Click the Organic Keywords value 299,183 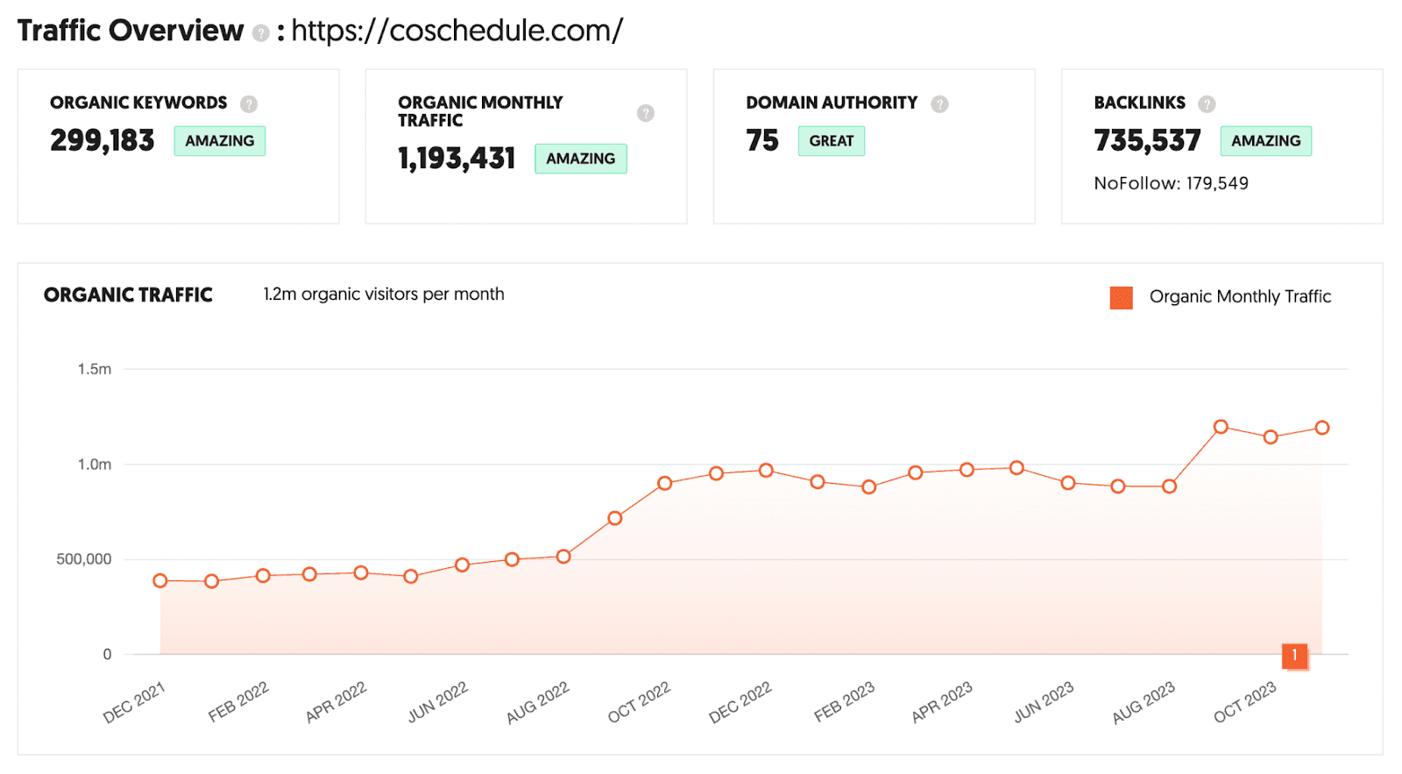pyautogui.click(x=102, y=140)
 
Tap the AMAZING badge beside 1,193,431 pyautogui.click(x=580, y=159)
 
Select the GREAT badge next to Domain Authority pyautogui.click(x=831, y=141)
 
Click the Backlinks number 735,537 pyautogui.click(x=1147, y=140)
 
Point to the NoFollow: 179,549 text pyautogui.click(x=1171, y=183)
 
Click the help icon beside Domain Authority pyautogui.click(x=939, y=104)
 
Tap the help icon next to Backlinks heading pyautogui.click(x=1207, y=104)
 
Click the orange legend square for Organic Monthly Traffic pyautogui.click(x=1121, y=298)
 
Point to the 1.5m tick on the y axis pyautogui.click(x=95, y=369)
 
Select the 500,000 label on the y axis pyautogui.click(x=84, y=559)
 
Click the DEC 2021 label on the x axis pyautogui.click(x=134, y=703)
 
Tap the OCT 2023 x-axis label pyautogui.click(x=1244, y=703)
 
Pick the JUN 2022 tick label pyautogui.click(x=437, y=703)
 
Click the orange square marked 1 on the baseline pyautogui.click(x=1294, y=656)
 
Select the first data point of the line pyautogui.click(x=160, y=581)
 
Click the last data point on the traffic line pyautogui.click(x=1322, y=428)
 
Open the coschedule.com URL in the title pyautogui.click(x=457, y=31)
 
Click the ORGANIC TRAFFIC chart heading pyautogui.click(x=128, y=295)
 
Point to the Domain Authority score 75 pyautogui.click(x=761, y=140)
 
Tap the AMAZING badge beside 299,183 pyautogui.click(x=219, y=141)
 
